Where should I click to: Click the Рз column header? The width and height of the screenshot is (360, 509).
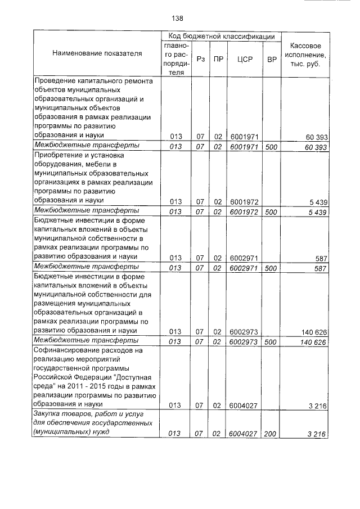pos(200,58)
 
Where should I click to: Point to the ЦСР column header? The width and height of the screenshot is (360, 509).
pos(244,58)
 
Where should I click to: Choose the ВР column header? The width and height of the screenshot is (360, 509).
pos(272,58)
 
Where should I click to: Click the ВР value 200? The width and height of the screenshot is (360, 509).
pos(271,433)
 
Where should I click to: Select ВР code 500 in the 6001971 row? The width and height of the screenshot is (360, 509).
pos(271,146)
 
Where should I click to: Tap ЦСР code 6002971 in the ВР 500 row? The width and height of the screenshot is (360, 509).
pos(244,267)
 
